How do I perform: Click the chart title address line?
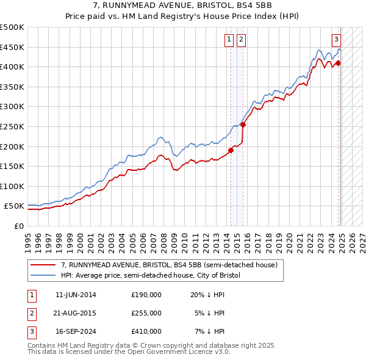[x=183, y=5]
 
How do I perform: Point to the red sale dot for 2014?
[x=231, y=150]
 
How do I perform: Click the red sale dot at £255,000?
[x=243, y=124]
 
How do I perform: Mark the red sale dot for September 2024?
[x=338, y=63]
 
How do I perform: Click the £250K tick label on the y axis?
[x=12, y=126]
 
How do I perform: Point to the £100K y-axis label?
[x=12, y=186]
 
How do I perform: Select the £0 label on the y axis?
[x=18, y=226]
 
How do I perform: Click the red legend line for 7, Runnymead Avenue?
[x=43, y=265]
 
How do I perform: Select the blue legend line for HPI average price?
[x=43, y=275]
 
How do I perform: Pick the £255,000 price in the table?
[x=146, y=313]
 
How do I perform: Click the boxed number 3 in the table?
[x=31, y=331]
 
